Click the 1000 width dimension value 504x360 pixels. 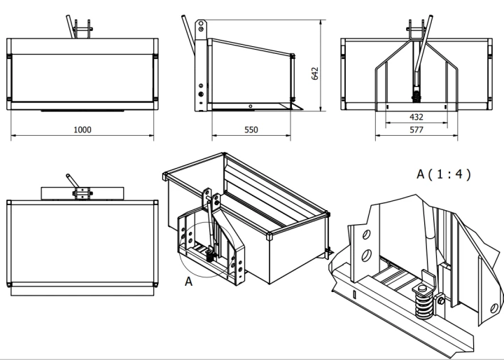(83, 130)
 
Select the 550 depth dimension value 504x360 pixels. (251, 130)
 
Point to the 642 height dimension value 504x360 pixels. (315, 74)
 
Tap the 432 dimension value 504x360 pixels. (416, 117)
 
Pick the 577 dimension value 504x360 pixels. (416, 130)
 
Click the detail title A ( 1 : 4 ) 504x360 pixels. (444, 174)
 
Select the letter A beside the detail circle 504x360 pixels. (189, 282)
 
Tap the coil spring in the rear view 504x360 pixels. (416, 97)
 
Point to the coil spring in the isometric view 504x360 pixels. (209, 256)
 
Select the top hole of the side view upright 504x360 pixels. (201, 24)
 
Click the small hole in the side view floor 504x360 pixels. (251, 106)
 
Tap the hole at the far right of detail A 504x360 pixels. (494, 308)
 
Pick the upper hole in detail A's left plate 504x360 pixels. (366, 235)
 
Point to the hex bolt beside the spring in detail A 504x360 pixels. (441, 300)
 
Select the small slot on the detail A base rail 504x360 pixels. (354, 294)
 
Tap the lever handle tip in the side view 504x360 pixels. (183, 16)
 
